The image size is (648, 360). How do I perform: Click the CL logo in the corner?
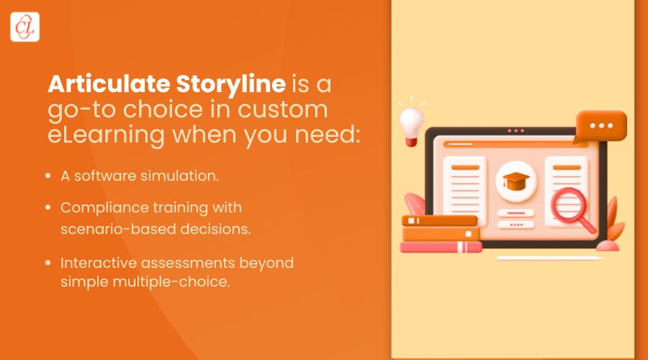point(25,27)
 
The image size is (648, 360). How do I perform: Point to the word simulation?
point(186,175)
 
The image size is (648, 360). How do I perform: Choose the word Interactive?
point(96,263)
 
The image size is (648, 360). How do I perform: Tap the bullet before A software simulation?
point(48,175)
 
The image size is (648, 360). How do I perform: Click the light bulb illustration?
point(412,121)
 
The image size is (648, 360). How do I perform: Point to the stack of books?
point(440,234)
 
